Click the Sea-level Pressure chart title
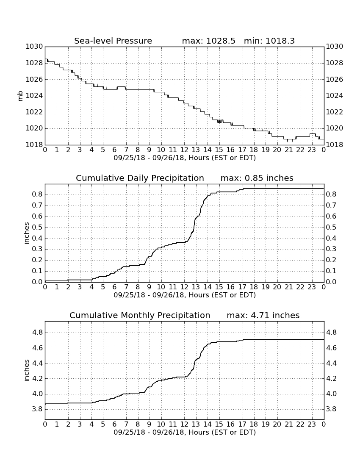click(x=113, y=41)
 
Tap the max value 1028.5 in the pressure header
click(x=221, y=41)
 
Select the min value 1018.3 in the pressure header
click(x=280, y=41)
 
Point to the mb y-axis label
click(x=20, y=96)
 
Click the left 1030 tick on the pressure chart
click(x=34, y=46)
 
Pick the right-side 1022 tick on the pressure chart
click(x=335, y=112)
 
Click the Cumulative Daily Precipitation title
click(x=140, y=178)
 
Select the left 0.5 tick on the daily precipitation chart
click(x=37, y=227)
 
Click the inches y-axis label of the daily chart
click(x=27, y=233)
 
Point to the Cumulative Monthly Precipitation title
click(x=140, y=315)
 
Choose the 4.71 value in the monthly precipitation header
click(x=260, y=315)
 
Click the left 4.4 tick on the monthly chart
click(x=37, y=363)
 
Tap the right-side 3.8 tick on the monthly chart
click(x=332, y=409)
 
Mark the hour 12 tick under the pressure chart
click(x=184, y=150)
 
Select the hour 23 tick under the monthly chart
click(x=312, y=424)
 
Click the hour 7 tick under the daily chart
click(x=126, y=287)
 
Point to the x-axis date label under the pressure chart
click(x=185, y=158)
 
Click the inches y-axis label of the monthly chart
click(x=27, y=370)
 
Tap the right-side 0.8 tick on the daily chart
click(x=332, y=194)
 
